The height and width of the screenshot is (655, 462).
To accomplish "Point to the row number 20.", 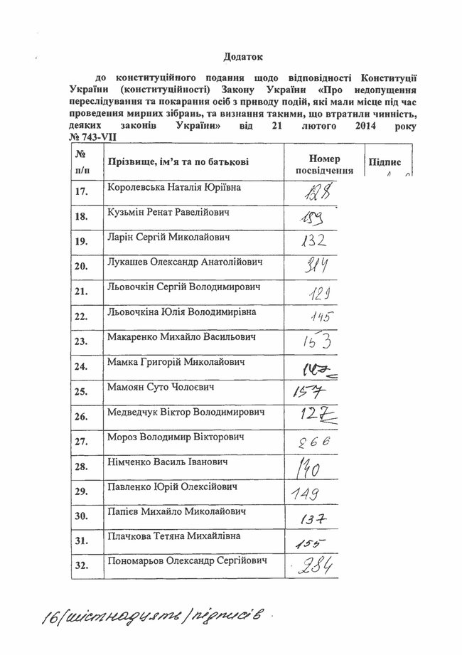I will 80,266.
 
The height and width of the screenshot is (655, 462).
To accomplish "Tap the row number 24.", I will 80,367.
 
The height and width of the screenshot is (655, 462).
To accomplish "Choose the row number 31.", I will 80,541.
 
